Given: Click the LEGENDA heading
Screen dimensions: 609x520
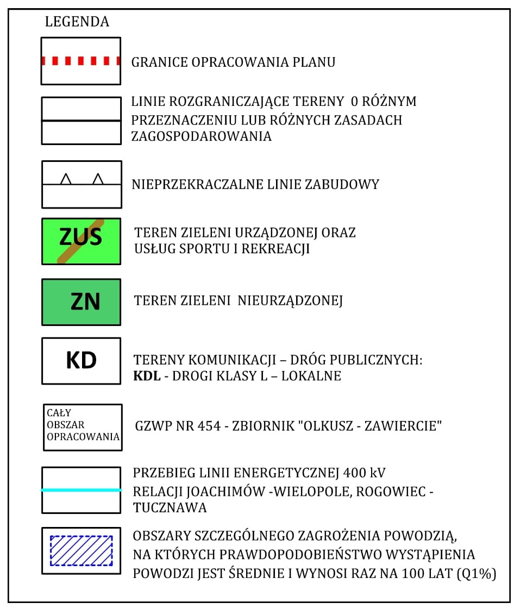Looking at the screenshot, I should (77, 22).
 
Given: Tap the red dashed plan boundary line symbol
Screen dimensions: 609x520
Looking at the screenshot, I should (81, 61).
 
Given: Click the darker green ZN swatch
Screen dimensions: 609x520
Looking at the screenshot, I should (81, 302).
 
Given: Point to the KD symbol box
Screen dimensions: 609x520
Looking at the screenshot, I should (81, 361).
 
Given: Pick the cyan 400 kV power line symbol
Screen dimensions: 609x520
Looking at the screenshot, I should (81, 490).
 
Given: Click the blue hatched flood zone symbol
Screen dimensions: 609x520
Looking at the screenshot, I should (81, 550).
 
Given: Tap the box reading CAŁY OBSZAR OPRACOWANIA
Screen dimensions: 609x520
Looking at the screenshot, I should (83, 427).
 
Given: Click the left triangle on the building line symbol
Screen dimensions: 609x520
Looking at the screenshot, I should (66, 179).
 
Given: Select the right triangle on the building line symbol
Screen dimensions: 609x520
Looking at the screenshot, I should (98, 179).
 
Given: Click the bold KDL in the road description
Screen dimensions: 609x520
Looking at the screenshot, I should (147, 376).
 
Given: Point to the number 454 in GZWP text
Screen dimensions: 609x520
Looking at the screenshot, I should (208, 427).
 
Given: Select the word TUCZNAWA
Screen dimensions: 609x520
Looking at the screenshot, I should (170, 508).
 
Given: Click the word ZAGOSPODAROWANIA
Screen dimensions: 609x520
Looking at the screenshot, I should (201, 136).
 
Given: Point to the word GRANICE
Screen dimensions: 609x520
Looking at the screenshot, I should (158, 62).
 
